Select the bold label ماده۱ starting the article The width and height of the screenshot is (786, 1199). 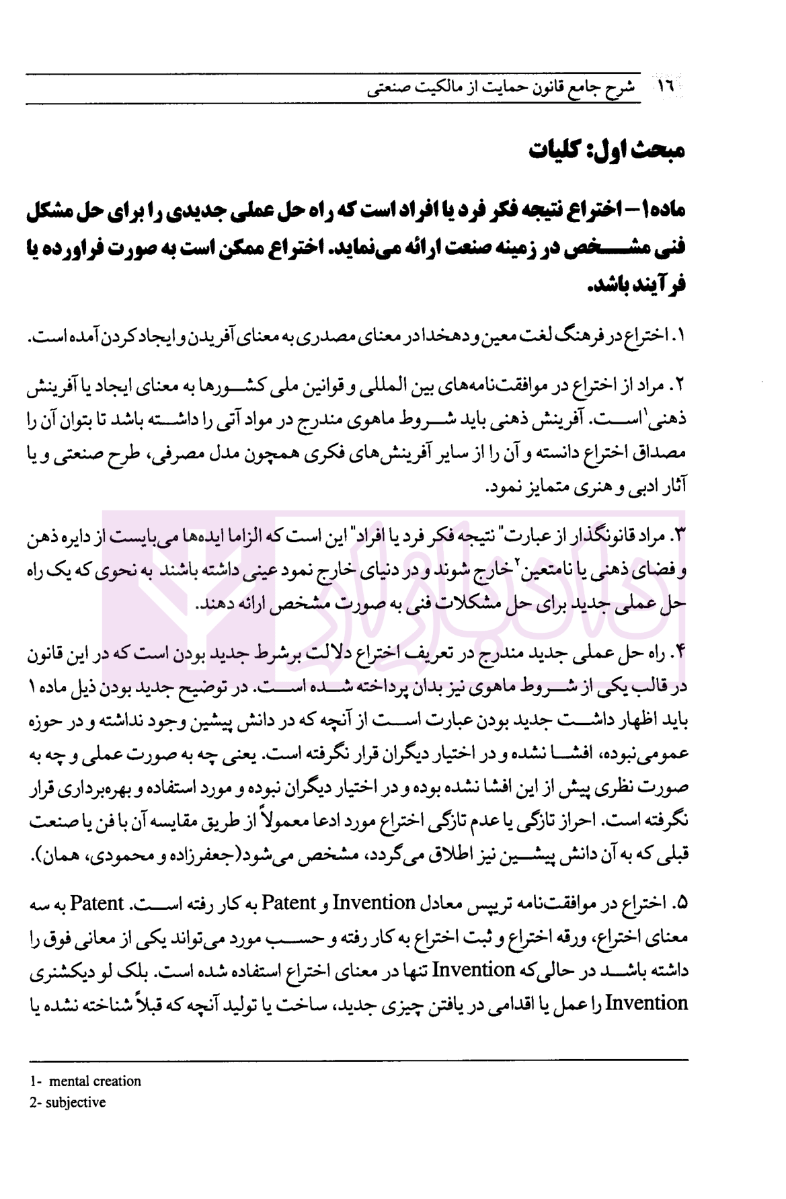662,210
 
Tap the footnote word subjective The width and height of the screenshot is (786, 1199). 75,1103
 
